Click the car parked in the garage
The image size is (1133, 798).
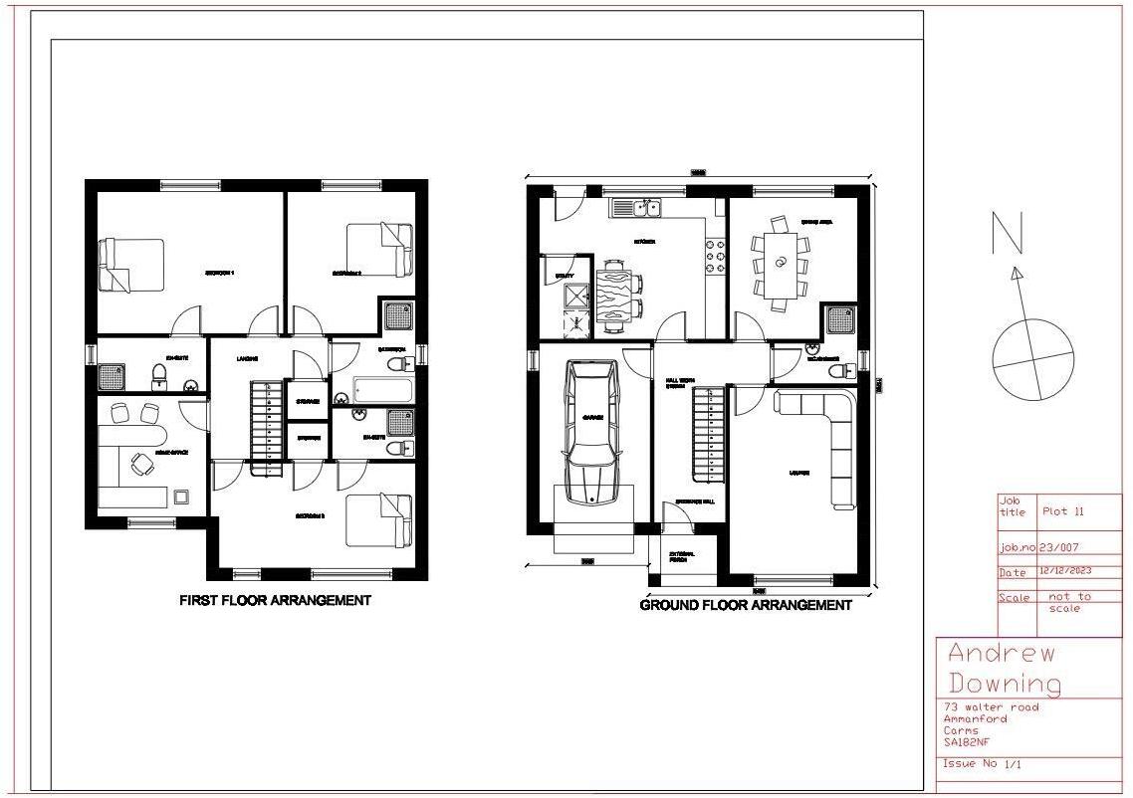click(590, 433)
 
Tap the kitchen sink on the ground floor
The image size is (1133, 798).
click(637, 208)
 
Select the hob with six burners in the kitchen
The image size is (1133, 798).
click(715, 255)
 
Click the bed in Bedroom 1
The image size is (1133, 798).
click(130, 266)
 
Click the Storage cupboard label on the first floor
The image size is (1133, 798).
click(308, 401)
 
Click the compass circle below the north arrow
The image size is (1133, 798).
click(1033, 359)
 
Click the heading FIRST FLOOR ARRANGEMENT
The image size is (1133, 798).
click(275, 600)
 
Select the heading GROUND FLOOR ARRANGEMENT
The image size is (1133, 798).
click(746, 605)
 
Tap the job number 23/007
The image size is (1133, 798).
click(1059, 547)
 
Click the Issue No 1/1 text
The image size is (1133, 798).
click(981, 764)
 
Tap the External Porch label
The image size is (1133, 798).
click(683, 557)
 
